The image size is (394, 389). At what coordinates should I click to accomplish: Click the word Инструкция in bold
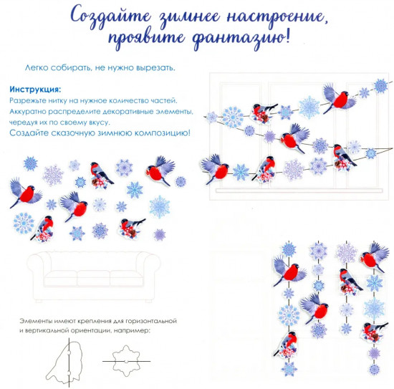33,90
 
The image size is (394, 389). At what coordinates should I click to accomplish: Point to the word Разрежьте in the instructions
27,102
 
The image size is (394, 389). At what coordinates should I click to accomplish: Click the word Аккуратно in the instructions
30,112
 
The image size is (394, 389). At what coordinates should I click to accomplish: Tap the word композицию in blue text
160,133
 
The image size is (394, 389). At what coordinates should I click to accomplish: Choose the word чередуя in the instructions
27,123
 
